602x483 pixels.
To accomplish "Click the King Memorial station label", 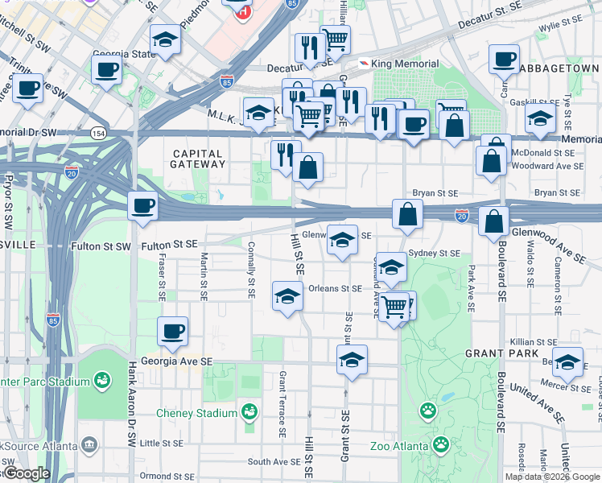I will tap(406, 64).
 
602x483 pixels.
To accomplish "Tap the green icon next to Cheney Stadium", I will tap(250, 413).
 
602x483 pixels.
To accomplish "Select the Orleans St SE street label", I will tap(335, 288).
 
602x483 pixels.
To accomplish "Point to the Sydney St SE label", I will tap(434, 253).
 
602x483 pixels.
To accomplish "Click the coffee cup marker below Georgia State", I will tap(106, 69).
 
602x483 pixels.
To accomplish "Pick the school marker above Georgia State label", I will tap(165, 39).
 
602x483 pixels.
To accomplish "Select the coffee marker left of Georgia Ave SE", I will tap(171, 331).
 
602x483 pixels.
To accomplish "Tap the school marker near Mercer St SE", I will tap(567, 363).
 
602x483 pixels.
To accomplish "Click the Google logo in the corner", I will tap(26, 473).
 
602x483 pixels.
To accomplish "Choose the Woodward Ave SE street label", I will tap(554, 166).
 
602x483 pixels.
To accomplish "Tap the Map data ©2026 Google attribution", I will tap(551, 477).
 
